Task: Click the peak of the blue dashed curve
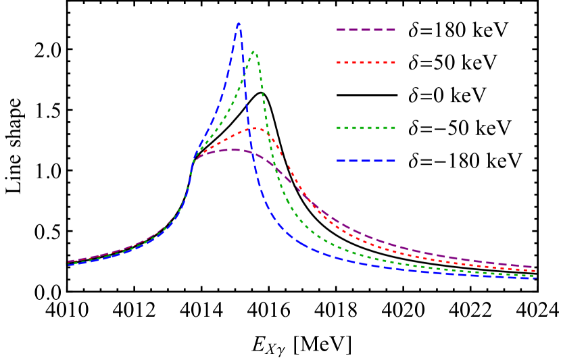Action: click(239, 23)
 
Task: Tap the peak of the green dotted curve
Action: click(253, 51)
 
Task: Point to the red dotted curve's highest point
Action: click(255, 128)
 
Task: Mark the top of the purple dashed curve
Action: click(234, 150)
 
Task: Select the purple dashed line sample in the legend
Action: click(366, 30)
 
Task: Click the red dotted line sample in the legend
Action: click(366, 63)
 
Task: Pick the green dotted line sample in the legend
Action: click(366, 128)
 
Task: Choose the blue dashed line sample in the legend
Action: click(366, 161)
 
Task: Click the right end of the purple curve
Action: click(534, 267)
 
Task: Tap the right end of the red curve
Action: click(535, 271)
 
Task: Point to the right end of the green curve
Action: click(535, 276)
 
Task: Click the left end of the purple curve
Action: click(68, 261)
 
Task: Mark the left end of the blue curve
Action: click(68, 264)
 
